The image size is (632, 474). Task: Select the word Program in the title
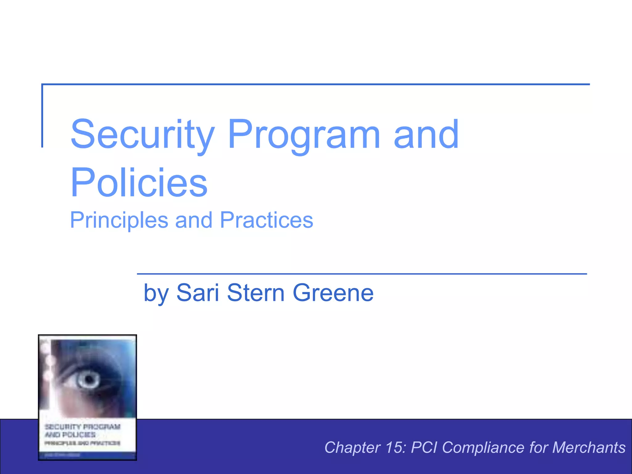pos(304,135)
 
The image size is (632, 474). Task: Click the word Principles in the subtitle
pos(119,220)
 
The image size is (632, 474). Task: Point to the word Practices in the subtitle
pos(267,220)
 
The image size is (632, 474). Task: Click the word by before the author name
pos(156,293)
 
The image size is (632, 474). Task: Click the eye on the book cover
pos(89,379)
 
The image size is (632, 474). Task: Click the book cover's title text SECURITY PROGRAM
pos(82,427)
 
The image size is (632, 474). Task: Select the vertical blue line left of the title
pos(42,116)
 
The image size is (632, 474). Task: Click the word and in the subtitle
pos(194,220)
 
